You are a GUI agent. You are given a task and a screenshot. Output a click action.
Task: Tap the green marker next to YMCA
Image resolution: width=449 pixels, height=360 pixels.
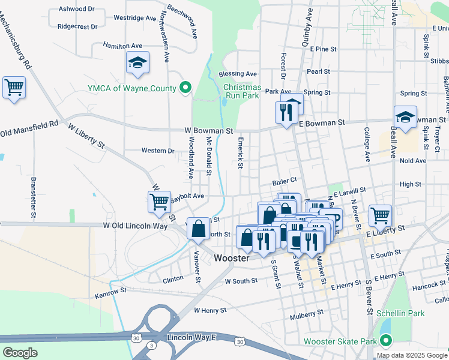185,88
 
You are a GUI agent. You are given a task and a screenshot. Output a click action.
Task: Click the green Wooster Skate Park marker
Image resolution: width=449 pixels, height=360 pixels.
385,341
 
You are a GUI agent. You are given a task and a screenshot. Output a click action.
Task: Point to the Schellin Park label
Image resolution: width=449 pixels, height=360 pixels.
400,313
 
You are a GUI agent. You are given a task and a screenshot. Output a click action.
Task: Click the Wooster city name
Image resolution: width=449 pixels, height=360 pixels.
232,258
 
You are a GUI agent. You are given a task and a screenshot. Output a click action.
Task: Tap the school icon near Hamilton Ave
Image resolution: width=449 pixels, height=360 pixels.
137,63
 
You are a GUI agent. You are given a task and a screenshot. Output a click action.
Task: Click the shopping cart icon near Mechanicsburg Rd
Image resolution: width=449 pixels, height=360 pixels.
14,88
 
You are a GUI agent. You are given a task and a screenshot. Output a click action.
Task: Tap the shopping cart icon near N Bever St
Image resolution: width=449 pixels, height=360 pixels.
380,215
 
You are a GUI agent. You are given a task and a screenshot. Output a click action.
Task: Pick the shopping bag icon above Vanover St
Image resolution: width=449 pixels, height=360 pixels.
199,229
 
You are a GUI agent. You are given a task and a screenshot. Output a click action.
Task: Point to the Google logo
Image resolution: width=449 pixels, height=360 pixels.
20,352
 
